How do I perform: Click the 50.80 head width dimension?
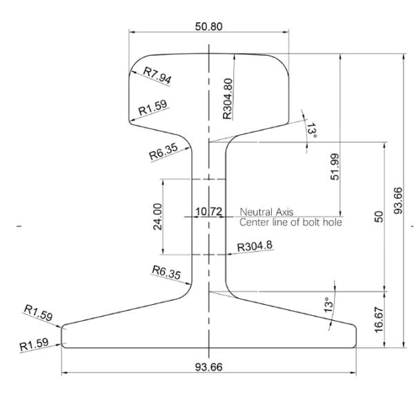tap(208, 26)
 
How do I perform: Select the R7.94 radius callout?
tap(157, 75)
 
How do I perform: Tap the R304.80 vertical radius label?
tap(227, 99)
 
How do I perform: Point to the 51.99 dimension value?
tap(335, 167)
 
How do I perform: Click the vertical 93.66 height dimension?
tap(398, 200)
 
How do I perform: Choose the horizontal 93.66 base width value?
tap(208, 367)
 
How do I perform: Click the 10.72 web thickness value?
tap(208, 212)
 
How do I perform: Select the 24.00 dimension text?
tap(157, 217)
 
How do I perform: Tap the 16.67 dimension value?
tap(379, 319)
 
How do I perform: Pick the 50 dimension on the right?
tap(379, 217)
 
